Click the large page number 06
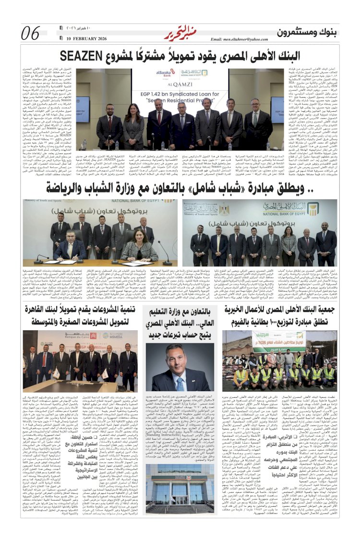point(30,34)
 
